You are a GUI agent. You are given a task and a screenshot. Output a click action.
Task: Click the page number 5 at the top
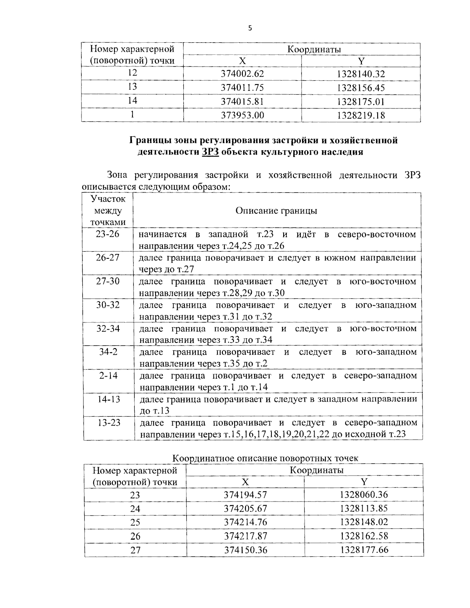[x=249, y=28]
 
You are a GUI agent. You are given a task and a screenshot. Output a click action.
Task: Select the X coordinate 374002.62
[x=242, y=74]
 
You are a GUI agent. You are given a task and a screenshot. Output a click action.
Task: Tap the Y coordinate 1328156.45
[x=361, y=88]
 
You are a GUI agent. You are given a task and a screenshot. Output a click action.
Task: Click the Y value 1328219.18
[x=361, y=115]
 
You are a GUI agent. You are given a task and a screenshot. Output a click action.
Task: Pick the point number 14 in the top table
[x=132, y=101]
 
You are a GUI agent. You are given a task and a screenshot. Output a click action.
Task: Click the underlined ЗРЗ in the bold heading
[x=210, y=152]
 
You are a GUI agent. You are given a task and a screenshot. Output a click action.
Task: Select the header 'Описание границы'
[x=276, y=211]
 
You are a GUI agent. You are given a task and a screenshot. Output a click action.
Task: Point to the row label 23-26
[x=108, y=234]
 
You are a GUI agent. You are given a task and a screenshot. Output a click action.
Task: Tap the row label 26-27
[x=108, y=258]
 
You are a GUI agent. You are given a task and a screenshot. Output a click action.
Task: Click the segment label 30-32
[x=108, y=305]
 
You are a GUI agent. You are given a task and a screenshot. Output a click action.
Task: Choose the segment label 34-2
[x=108, y=352]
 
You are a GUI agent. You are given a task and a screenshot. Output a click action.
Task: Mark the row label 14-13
[x=108, y=399]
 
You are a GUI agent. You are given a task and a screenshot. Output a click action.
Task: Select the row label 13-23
[x=108, y=422]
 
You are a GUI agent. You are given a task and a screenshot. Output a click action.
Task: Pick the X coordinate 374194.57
[x=245, y=495]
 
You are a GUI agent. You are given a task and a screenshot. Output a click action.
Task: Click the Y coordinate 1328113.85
[x=364, y=509]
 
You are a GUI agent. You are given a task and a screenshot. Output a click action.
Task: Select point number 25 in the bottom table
[x=135, y=523]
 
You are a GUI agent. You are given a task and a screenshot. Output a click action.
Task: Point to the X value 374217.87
[x=245, y=536]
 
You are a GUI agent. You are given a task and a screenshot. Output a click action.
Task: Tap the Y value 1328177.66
[x=364, y=550]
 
